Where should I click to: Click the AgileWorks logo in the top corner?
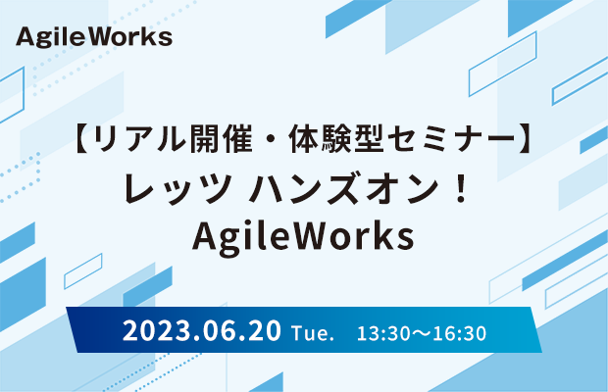point(94,37)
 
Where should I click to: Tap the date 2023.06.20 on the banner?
point(202,331)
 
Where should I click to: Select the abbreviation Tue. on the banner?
point(313,333)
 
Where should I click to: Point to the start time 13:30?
point(379,333)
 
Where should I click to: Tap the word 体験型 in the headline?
point(335,138)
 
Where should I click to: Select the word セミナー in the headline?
point(451,138)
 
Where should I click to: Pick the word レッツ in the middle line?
point(177,188)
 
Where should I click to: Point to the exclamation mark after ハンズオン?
point(462,188)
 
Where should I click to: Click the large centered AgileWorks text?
point(303,237)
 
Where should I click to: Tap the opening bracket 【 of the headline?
point(82,138)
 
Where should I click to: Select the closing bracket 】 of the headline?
point(527,138)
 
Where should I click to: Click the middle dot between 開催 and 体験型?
point(271,139)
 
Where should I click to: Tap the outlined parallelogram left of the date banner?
point(83,271)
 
